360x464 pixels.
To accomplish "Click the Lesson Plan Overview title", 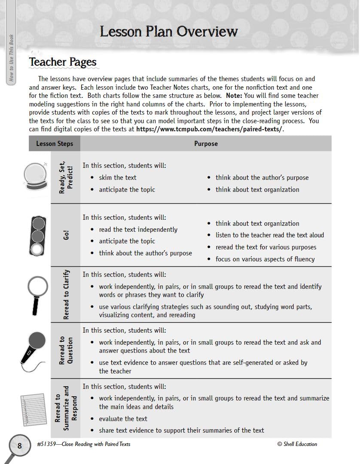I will (x=168, y=32).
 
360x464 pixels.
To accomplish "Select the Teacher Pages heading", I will (x=63, y=62).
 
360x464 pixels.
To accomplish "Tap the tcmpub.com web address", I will (x=210, y=129).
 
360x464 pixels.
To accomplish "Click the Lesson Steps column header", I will (x=55, y=144).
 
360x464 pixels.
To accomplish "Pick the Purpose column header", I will (x=206, y=144).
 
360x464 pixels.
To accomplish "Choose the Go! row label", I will (x=66, y=235).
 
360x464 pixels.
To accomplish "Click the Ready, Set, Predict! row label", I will (x=66, y=177).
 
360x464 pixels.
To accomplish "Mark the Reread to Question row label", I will (x=66, y=350).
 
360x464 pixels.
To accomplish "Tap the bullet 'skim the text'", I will (x=117, y=178).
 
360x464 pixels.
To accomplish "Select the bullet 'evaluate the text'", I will (x=123, y=419).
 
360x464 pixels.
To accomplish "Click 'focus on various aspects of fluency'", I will (x=265, y=259).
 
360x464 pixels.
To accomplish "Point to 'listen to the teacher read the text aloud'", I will (x=270, y=235).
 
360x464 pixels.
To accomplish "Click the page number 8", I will (x=19, y=446).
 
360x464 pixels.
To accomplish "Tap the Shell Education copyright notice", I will (x=297, y=444).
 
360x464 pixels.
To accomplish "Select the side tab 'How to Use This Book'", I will (x=11, y=58).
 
